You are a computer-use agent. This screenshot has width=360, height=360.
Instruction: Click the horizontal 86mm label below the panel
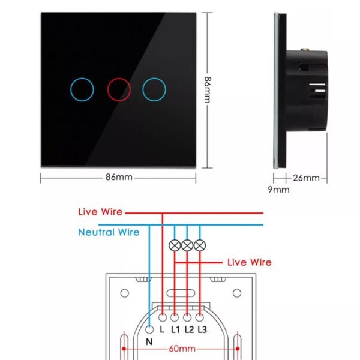pyautogui.click(x=119, y=178)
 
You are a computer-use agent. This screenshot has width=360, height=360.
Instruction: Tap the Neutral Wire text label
pyautogui.click(x=109, y=232)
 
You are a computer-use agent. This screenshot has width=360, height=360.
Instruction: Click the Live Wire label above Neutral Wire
pyautogui.click(x=100, y=212)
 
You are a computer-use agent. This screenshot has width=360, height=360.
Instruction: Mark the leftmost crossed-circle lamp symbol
pyautogui.click(x=175, y=245)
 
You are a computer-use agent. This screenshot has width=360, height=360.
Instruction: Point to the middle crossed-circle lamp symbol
pyautogui.click(x=187, y=245)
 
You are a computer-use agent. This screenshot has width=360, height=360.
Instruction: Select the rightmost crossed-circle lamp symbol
pyautogui.click(x=200, y=245)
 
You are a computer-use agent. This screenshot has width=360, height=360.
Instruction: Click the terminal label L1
pyautogui.click(x=175, y=329)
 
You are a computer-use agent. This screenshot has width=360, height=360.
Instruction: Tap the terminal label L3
pyautogui.click(x=202, y=329)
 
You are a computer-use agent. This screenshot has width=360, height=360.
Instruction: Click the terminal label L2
pyautogui.click(x=188, y=329)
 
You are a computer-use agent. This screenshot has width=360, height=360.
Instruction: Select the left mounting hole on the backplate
pyautogui.click(x=125, y=294)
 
